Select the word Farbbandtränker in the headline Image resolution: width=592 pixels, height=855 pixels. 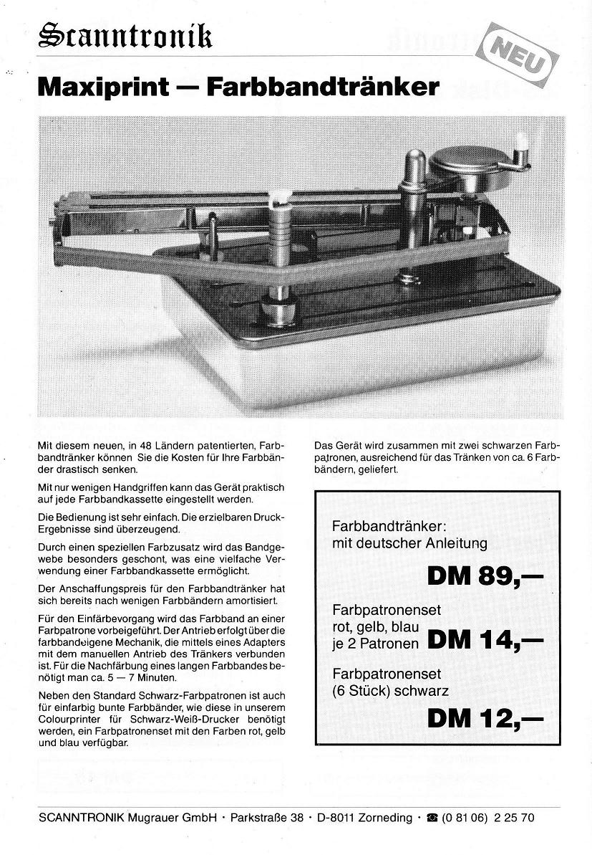pyautogui.click(x=321, y=87)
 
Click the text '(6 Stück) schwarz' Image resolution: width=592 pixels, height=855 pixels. pyautogui.click(x=391, y=691)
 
